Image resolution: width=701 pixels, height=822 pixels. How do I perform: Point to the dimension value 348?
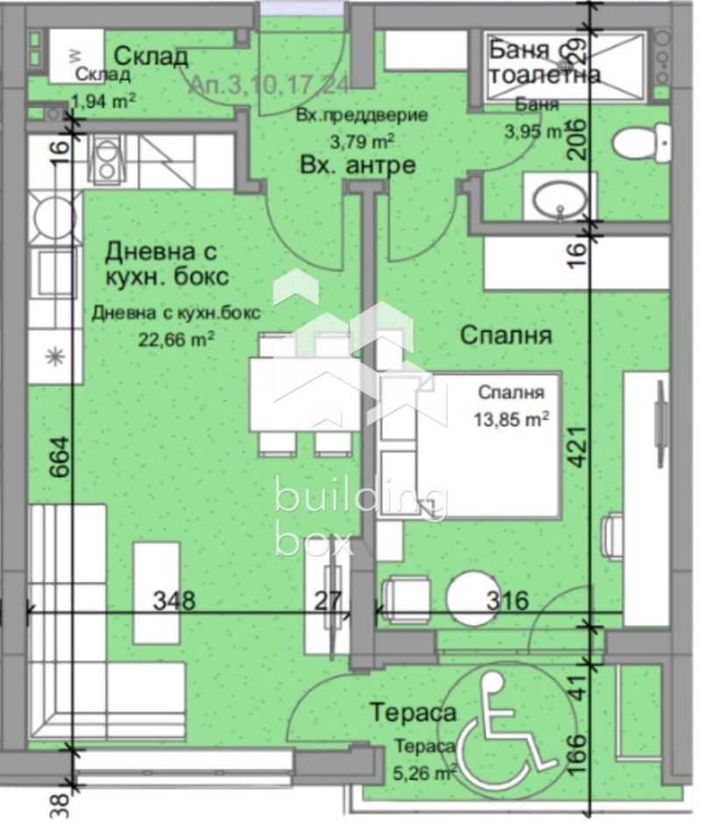(x=174, y=601)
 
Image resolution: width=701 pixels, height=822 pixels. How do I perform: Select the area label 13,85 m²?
(x=513, y=420)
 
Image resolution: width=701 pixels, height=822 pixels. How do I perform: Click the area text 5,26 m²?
(x=424, y=772)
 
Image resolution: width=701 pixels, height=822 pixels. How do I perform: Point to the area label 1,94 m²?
(x=103, y=101)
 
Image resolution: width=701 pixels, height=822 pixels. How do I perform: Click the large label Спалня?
(x=505, y=336)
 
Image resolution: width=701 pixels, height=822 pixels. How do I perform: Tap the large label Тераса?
(x=412, y=712)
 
